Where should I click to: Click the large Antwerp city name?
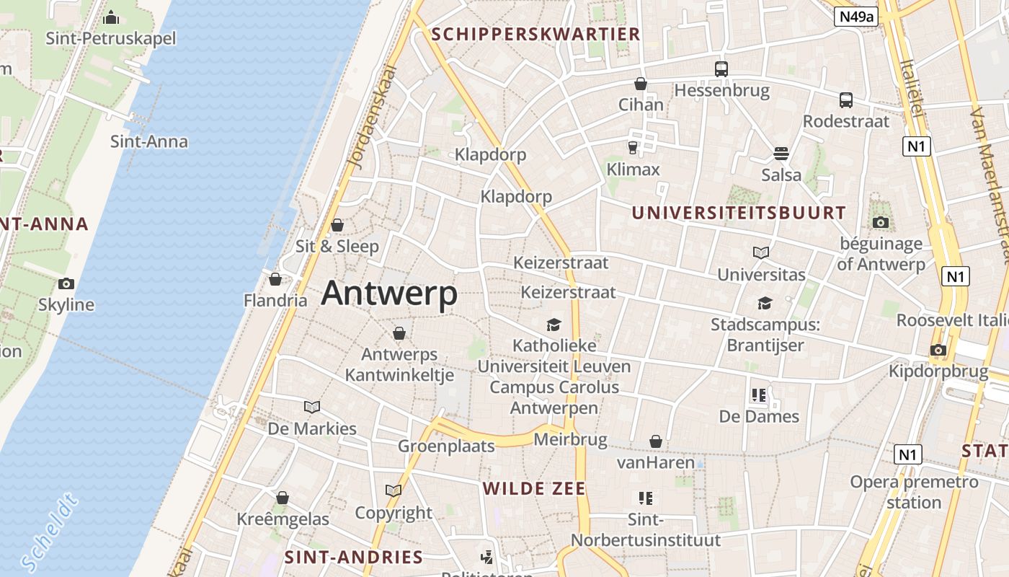pyautogui.click(x=389, y=294)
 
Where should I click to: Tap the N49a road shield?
pyautogui.click(x=856, y=17)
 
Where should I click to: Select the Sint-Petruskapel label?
pyautogui.click(x=111, y=38)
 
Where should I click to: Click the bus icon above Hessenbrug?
pyautogui.click(x=721, y=69)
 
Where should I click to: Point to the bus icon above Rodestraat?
pyautogui.click(x=846, y=100)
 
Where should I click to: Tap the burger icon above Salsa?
pyautogui.click(x=781, y=153)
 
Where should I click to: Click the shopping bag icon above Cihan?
pyautogui.click(x=640, y=84)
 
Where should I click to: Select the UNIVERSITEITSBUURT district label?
pyautogui.click(x=739, y=213)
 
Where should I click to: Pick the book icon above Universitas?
pyautogui.click(x=761, y=252)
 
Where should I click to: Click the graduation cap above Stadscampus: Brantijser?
pyautogui.click(x=765, y=303)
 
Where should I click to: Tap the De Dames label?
pyautogui.click(x=759, y=416)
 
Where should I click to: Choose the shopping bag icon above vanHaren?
pyautogui.click(x=656, y=441)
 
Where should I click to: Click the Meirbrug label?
pyautogui.click(x=570, y=439)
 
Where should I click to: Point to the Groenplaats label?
pyautogui.click(x=447, y=446)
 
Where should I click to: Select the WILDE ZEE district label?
pyautogui.click(x=534, y=488)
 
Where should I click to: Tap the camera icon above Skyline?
pyautogui.click(x=66, y=283)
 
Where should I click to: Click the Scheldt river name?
pyautogui.click(x=49, y=532)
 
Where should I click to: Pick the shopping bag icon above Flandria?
pyautogui.click(x=275, y=278)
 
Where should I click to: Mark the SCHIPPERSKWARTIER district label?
pyautogui.click(x=535, y=34)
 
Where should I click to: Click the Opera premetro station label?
pyautogui.click(x=914, y=492)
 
